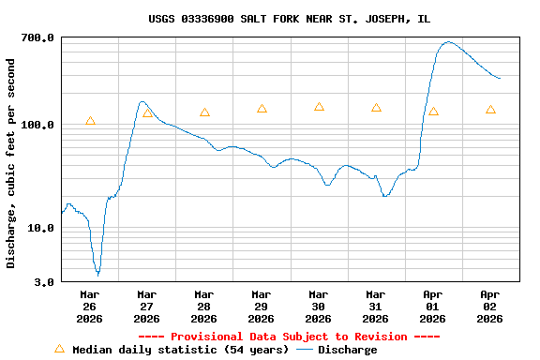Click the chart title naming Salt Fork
coord(289,19)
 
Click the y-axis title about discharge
coord(11,163)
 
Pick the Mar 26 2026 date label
coord(89,306)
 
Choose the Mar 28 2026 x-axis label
coord(203,306)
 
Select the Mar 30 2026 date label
coord(318,306)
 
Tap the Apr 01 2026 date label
coord(432,306)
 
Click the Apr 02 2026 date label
coord(489,306)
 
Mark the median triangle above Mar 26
coord(90,121)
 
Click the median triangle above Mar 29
coord(262,109)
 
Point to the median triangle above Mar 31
coord(376,108)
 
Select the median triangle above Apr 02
coord(490,110)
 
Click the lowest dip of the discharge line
coord(97,275)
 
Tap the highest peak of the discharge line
coord(448,41)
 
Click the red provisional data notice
coord(289,337)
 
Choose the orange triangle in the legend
coord(59,349)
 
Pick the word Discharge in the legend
coord(347,350)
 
